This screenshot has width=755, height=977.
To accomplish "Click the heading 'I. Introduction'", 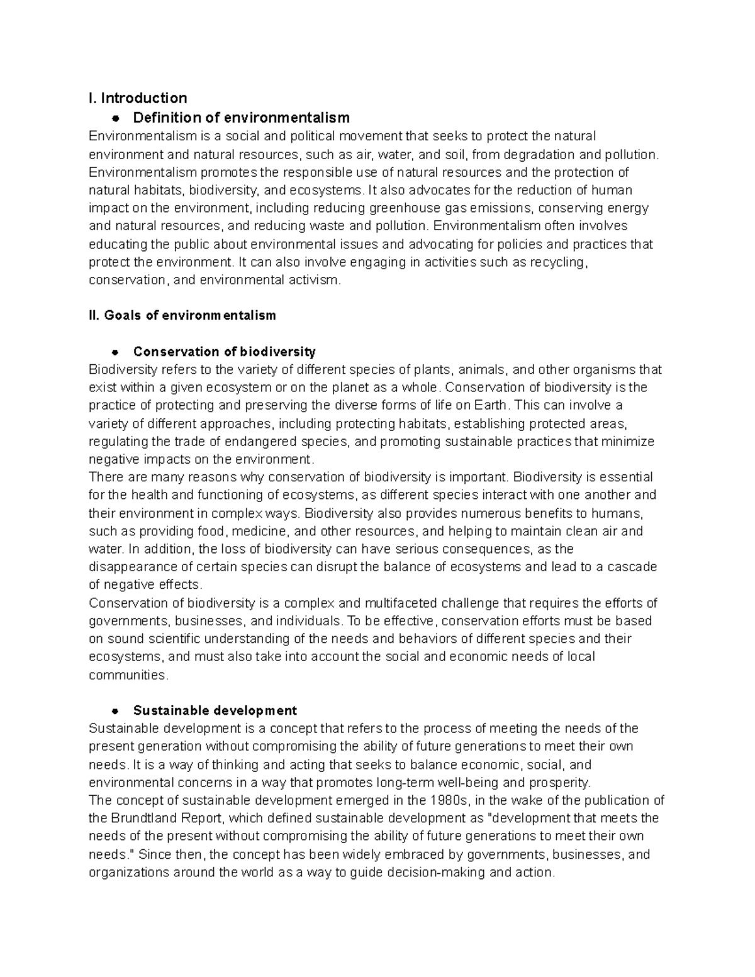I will (138, 98).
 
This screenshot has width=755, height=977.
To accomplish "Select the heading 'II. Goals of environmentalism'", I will (182, 315).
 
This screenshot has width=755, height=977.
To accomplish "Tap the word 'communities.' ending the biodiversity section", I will (129, 675).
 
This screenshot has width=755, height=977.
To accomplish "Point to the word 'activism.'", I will (315, 280).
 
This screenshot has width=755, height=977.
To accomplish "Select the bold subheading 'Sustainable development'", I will (215, 711).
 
